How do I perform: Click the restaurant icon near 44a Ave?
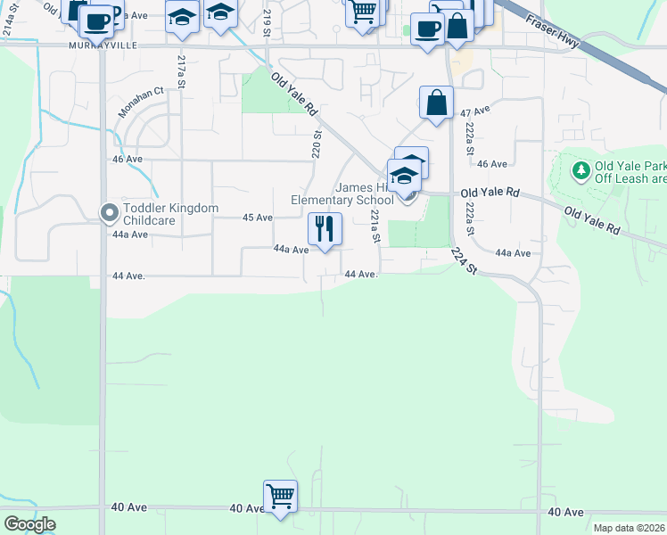pos(325,228)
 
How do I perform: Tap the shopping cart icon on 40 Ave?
pos(280,496)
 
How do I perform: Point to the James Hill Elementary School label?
pos(342,193)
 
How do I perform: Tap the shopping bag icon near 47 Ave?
pos(437,103)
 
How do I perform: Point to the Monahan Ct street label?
pos(141,103)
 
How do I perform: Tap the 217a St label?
pos(181,72)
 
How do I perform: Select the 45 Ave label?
pos(258,218)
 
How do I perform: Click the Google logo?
pos(29,524)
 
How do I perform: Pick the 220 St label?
pos(317,146)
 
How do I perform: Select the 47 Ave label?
pos(476,111)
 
